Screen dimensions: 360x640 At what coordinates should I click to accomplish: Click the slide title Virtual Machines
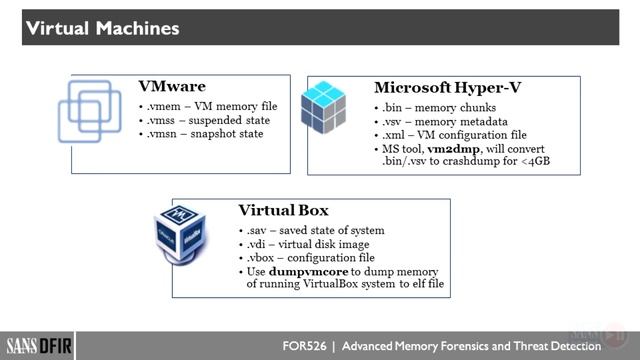click(x=102, y=28)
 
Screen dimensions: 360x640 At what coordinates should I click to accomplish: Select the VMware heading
click(x=172, y=87)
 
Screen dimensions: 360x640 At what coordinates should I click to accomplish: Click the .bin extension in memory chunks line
click(x=391, y=106)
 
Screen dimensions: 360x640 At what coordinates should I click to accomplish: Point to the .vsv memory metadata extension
click(x=391, y=119)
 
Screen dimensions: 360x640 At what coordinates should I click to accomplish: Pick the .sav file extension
click(x=258, y=231)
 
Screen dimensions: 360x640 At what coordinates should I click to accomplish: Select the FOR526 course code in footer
click(x=305, y=346)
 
